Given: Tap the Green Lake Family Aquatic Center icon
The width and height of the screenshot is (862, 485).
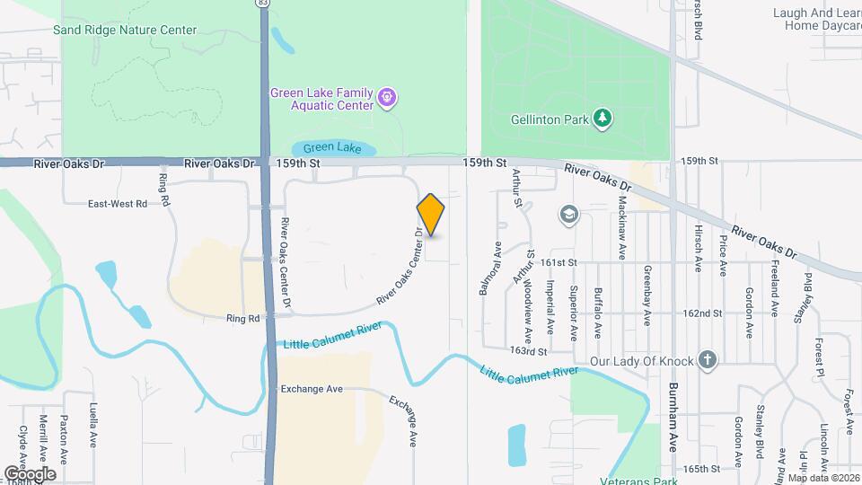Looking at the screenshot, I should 387,95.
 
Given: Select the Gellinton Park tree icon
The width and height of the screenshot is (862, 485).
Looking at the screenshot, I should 604,119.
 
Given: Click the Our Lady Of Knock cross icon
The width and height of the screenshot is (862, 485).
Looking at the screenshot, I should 708,360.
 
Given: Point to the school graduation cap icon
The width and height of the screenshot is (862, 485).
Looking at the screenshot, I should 567,214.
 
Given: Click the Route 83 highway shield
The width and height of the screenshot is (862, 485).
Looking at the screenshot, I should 261,4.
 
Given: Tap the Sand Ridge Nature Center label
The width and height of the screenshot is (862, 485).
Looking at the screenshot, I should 124,30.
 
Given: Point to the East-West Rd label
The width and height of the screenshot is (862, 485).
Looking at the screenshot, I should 117,204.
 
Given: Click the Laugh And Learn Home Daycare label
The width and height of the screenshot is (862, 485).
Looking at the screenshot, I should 816,19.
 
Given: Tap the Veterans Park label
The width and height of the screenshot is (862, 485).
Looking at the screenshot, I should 640,479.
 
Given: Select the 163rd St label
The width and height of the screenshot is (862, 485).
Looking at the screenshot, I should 528,351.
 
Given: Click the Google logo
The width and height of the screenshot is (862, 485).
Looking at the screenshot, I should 30,473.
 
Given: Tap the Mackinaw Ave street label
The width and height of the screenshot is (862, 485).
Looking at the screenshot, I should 620,220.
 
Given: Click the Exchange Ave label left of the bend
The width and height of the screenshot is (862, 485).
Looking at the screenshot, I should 312,389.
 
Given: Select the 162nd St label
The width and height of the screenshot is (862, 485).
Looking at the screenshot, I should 702,313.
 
